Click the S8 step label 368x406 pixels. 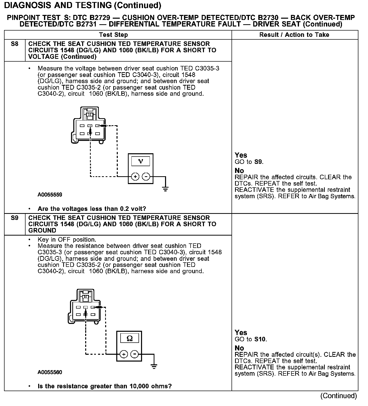point(15,44)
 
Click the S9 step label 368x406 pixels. point(15,218)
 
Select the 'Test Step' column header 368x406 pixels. point(113,35)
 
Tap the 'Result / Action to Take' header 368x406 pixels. point(294,35)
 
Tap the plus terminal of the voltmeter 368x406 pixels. point(135,176)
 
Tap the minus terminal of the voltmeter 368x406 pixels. point(146,176)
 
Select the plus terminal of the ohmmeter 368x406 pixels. point(124,354)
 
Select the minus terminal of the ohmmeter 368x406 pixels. point(134,354)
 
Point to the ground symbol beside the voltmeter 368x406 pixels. point(165,189)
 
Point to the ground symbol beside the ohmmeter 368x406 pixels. point(154,366)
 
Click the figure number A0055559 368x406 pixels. point(50,195)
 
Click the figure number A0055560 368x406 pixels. point(50,372)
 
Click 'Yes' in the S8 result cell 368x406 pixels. point(241,155)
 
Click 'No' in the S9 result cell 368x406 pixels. point(239,348)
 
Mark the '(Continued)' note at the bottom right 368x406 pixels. point(338,396)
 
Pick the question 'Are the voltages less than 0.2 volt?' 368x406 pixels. point(92,209)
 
